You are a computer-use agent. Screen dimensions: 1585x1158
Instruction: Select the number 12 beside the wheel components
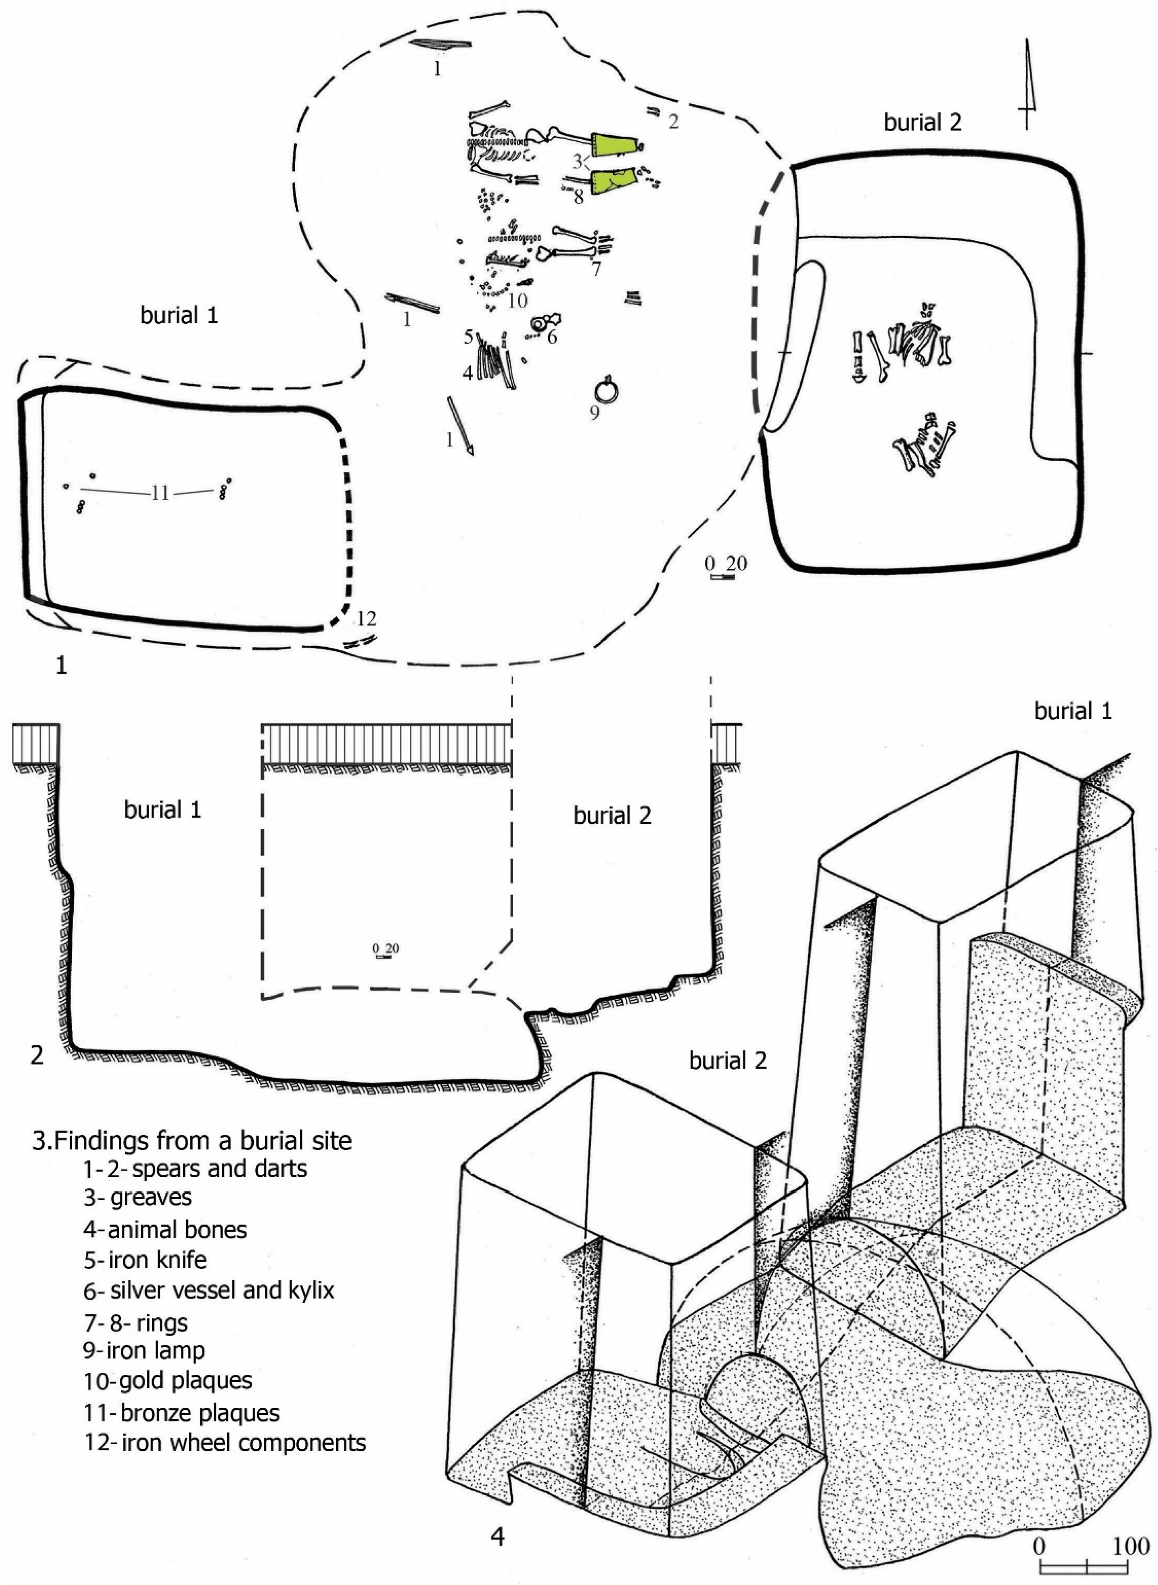point(366,619)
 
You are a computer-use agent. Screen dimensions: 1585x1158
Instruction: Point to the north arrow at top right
point(1027,84)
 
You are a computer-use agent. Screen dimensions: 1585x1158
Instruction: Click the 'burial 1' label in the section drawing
point(163,810)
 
